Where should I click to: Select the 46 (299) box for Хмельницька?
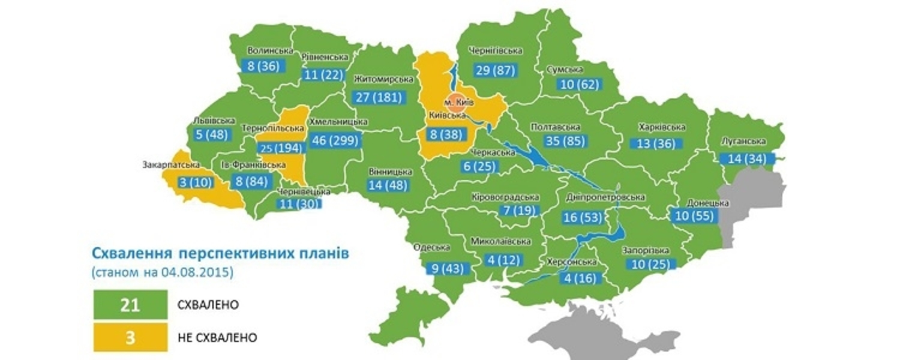coord(335,141)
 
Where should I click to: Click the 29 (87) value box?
coord(495,70)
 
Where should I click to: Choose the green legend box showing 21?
coord(130,305)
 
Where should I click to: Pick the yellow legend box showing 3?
coord(130,337)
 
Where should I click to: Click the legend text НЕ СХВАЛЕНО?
coord(217,338)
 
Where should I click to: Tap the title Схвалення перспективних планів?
coord(220,253)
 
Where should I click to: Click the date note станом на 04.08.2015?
coord(163,272)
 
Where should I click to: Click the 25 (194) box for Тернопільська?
coord(281,147)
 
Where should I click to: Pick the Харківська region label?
coord(662,127)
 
